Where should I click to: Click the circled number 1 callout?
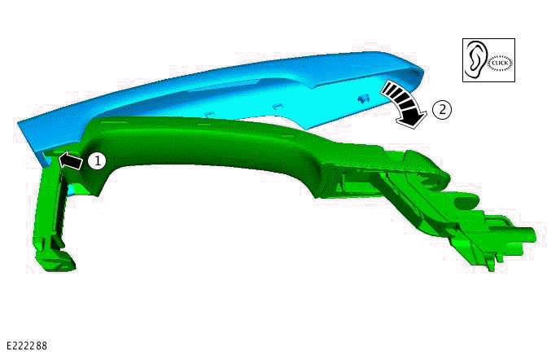click(x=97, y=161)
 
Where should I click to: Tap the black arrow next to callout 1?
click(x=72, y=161)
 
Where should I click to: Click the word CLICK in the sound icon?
click(x=501, y=63)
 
